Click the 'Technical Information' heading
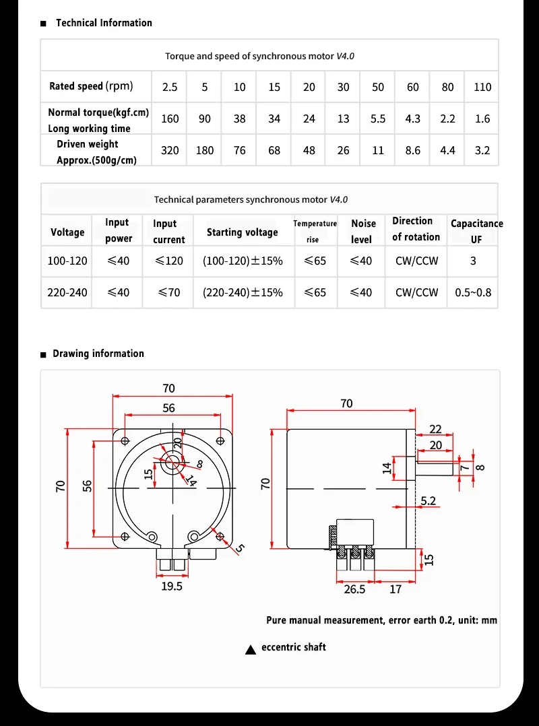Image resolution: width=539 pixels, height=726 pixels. [104, 23]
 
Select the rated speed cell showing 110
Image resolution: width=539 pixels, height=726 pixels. [482, 87]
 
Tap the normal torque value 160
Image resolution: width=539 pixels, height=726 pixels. [170, 119]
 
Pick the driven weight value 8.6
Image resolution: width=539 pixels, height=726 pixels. [413, 151]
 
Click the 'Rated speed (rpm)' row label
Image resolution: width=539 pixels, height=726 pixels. [91, 86]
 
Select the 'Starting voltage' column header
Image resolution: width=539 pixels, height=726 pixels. [242, 232]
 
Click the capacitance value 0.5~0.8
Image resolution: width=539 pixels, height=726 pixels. [473, 293]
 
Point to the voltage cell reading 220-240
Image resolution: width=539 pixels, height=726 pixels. [67, 293]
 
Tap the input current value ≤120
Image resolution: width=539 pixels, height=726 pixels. [168, 261]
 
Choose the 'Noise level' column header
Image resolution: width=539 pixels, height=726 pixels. [362, 231]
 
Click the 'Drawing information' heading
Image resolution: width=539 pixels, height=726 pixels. [98, 354]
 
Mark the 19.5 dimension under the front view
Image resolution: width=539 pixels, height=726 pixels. [172, 587]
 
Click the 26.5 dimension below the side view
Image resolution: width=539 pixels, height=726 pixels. [354, 589]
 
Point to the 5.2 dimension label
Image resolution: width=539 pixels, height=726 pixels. [429, 500]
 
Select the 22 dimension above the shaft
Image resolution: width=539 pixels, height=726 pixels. [435, 430]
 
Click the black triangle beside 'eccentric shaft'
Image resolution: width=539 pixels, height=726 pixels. [251, 649]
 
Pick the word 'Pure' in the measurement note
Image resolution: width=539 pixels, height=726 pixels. [276, 620]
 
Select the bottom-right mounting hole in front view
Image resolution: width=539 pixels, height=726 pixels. [220, 536]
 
